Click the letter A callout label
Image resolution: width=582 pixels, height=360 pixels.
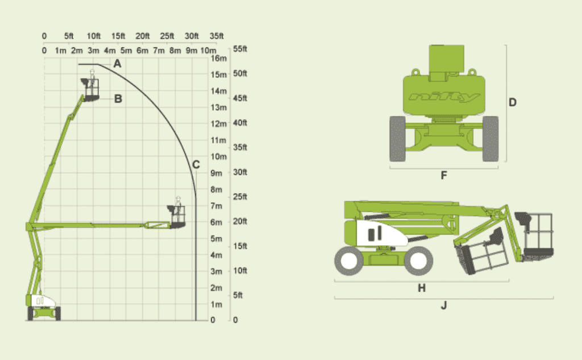point(118,64)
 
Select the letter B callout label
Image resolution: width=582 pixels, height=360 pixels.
point(118,99)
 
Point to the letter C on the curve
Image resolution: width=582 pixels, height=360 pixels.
point(196,165)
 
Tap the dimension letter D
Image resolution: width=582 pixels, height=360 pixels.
point(512,103)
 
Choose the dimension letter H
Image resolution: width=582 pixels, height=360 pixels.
point(422,288)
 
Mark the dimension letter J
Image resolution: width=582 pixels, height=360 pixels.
point(444,305)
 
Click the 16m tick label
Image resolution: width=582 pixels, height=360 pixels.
point(219,58)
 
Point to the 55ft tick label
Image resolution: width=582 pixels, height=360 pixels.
point(240,49)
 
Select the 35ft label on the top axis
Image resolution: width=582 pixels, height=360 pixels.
point(216,36)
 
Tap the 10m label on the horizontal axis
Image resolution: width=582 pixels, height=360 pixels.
point(209,50)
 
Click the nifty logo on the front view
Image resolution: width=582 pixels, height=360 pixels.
point(444,97)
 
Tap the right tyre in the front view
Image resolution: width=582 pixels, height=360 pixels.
point(490,139)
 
